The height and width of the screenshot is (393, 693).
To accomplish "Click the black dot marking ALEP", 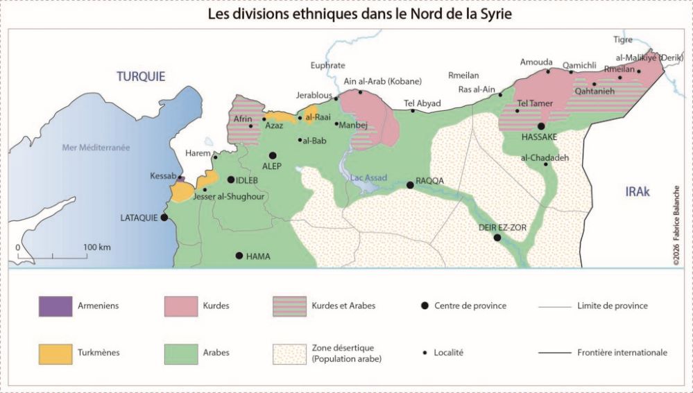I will pos(273,155).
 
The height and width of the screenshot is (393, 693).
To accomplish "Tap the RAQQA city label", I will pos(429,181).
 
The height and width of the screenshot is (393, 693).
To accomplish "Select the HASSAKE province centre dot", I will pos(541,126).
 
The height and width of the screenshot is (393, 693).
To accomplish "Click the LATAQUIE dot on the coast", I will pos(164,217).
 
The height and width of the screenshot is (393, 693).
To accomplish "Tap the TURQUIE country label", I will pos(141,77).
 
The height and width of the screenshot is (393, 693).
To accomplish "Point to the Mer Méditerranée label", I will pos(96,147).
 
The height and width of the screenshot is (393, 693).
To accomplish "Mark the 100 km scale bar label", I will pos(97,247).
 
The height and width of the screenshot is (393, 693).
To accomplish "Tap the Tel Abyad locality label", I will pos(422,103).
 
